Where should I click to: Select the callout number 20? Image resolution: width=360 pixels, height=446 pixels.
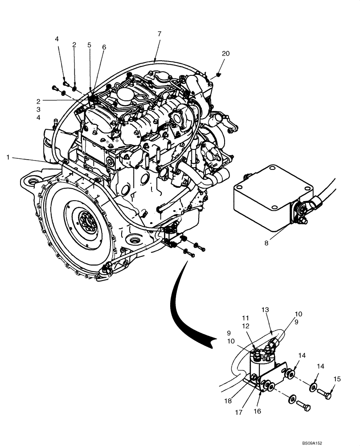pyautogui.click(x=226, y=54)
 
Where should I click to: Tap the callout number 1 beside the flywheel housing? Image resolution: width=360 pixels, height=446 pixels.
pyautogui.click(x=8, y=157)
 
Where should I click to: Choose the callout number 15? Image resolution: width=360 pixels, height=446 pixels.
pyautogui.click(x=337, y=379)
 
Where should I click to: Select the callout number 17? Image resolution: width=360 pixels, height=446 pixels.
pyautogui.click(x=239, y=413)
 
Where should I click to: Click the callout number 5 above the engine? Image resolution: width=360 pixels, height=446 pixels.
pyautogui.click(x=89, y=45)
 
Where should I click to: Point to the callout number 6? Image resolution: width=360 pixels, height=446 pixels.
pyautogui.click(x=104, y=47)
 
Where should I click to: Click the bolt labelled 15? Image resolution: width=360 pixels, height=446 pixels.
pyautogui.click(x=324, y=394)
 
